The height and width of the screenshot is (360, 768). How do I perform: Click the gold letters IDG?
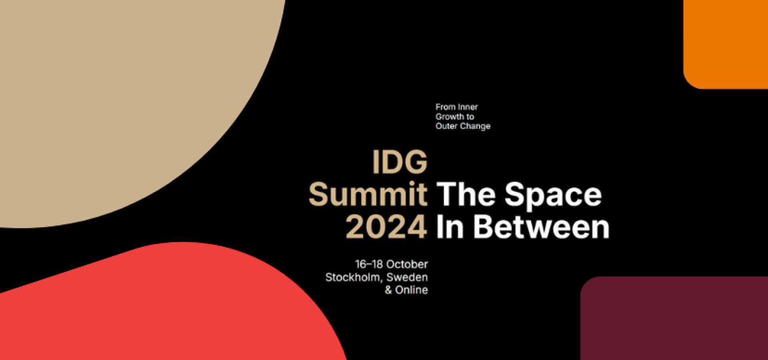pos(400,162)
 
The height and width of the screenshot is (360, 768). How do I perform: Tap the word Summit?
pos(368,194)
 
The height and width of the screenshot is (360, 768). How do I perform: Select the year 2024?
pos(386,227)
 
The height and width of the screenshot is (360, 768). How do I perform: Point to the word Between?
pos(541,227)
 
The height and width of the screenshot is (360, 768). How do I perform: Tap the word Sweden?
pos(407,277)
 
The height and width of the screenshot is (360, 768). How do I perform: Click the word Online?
pos(412,290)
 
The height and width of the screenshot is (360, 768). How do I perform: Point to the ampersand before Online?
pos(388,290)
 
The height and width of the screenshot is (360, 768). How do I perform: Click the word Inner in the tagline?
pos(468,107)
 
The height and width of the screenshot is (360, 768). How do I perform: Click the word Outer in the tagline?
pos(446,126)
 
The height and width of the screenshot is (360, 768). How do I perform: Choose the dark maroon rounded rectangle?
pos(674,318)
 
